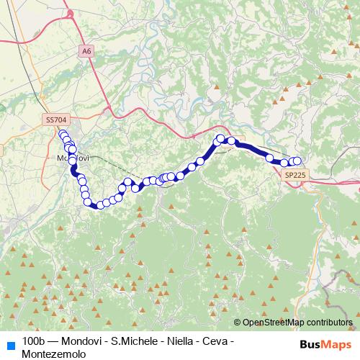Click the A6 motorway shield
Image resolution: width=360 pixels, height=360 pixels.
click(87, 51)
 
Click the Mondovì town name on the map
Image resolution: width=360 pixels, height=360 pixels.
click(70, 158)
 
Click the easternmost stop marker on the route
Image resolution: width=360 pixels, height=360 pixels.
click(297, 161)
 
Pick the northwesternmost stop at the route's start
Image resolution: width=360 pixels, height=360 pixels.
click(62, 132)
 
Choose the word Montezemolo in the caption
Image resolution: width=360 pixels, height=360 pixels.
click(54, 354)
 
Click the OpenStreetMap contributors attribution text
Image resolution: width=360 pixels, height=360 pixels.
click(297, 323)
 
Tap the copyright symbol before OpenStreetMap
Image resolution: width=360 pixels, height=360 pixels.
click(238, 323)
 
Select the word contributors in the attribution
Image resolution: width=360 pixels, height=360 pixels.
click(328, 323)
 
